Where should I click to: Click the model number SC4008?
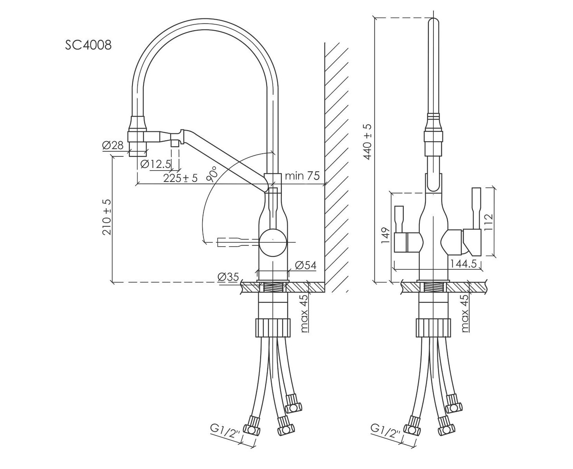pyautogui.click(x=88, y=45)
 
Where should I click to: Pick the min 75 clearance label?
pyautogui.click(x=302, y=176)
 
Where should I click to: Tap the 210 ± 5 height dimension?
pyautogui.click(x=107, y=217)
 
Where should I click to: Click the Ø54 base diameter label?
pyautogui.click(x=305, y=265)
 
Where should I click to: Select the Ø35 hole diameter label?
pyautogui.click(x=228, y=277)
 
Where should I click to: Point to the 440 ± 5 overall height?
pyautogui.click(x=368, y=141)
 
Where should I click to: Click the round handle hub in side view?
pyautogui.click(x=274, y=242)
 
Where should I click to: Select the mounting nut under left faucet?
pyautogui.click(x=273, y=327)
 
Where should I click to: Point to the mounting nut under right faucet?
pyautogui.click(x=433, y=327)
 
